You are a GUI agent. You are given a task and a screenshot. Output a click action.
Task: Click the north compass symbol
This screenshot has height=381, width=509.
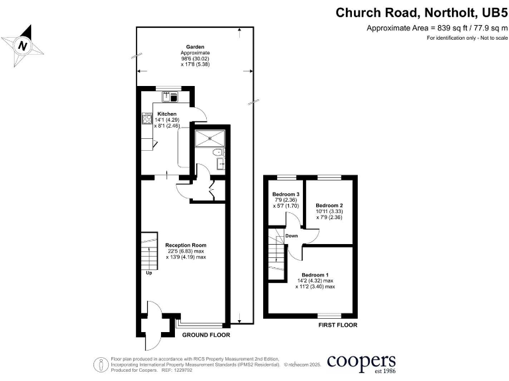click(x=25, y=44)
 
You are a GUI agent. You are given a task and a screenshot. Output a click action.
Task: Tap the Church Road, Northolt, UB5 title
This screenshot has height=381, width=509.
click(x=421, y=13)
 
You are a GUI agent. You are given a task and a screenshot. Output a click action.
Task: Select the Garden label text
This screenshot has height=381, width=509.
click(x=195, y=47)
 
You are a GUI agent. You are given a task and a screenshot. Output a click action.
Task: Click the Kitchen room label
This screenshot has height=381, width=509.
click(x=167, y=114)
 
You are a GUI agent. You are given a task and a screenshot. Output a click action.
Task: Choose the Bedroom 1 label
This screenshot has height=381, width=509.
click(x=315, y=275)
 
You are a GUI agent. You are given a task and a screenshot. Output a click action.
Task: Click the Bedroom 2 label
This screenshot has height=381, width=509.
click(x=329, y=205)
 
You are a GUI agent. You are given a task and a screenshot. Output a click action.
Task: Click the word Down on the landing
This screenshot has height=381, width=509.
click(x=292, y=235)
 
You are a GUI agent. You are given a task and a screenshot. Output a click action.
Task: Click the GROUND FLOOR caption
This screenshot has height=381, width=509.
click(x=206, y=335)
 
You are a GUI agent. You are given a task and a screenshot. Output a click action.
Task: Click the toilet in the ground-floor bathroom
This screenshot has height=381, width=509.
click(x=217, y=153)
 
